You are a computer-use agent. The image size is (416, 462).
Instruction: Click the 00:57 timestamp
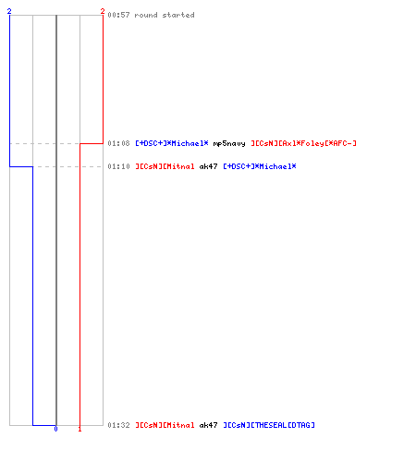pos(118,15)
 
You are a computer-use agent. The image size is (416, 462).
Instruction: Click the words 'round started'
pos(165,15)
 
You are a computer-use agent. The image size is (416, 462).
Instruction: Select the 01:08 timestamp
pos(118,143)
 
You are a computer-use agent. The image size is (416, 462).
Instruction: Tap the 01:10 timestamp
pos(118,166)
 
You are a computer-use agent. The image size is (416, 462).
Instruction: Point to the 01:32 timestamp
pos(118,425)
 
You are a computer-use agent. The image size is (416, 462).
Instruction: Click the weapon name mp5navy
pos(229,143)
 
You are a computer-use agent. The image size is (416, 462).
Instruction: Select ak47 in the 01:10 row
pos(208,166)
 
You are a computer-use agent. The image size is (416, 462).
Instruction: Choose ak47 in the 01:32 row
pos(208,425)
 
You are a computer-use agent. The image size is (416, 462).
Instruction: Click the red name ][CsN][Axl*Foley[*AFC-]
pos(303,143)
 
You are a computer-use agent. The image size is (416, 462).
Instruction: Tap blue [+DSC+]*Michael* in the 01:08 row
pos(172,143)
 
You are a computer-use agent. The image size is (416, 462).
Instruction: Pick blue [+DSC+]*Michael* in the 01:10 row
pos(260,166)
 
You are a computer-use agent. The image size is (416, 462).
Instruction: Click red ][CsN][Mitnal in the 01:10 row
pos(165,166)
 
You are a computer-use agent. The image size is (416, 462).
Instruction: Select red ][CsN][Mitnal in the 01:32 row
pos(165,425)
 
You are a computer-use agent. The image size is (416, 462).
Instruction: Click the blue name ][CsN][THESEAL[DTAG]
pos(269,425)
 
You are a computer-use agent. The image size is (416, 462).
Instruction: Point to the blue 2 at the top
pos(9,11)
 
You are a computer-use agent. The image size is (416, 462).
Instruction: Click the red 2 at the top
pos(103,11)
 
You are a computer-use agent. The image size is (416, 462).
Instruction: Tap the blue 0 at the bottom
pos(55,429)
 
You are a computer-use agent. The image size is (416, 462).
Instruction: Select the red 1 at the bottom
pos(80,429)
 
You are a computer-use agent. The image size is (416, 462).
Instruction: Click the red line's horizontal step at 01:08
pos(92,143)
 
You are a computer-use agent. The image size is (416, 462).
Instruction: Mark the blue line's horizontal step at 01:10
pos(21,166)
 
